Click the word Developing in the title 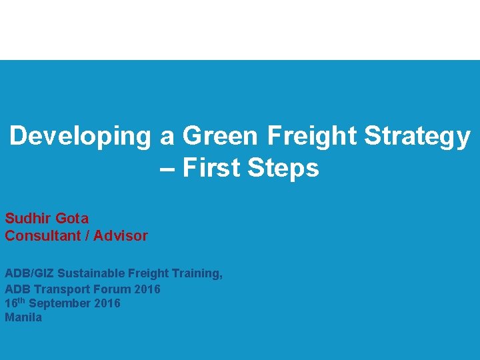(81, 137)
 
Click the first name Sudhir (27, 218)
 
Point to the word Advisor (121, 235)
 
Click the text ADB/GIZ (29, 273)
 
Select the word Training (196, 273)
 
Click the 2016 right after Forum (147, 289)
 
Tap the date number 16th (15, 303)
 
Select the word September (61, 303)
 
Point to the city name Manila (23, 317)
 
